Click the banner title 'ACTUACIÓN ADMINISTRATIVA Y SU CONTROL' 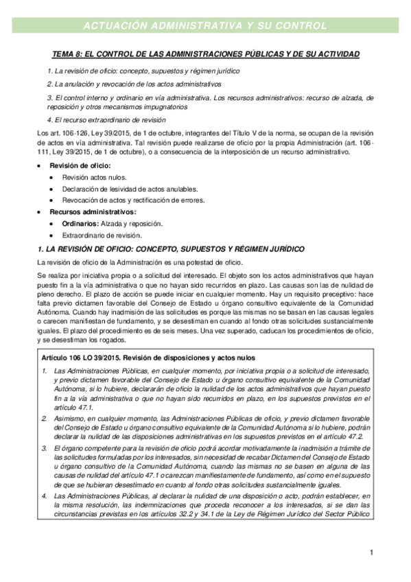[x=204, y=26]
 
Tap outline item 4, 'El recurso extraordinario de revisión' [x=111, y=119]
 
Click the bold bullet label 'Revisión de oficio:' [x=75, y=167]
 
